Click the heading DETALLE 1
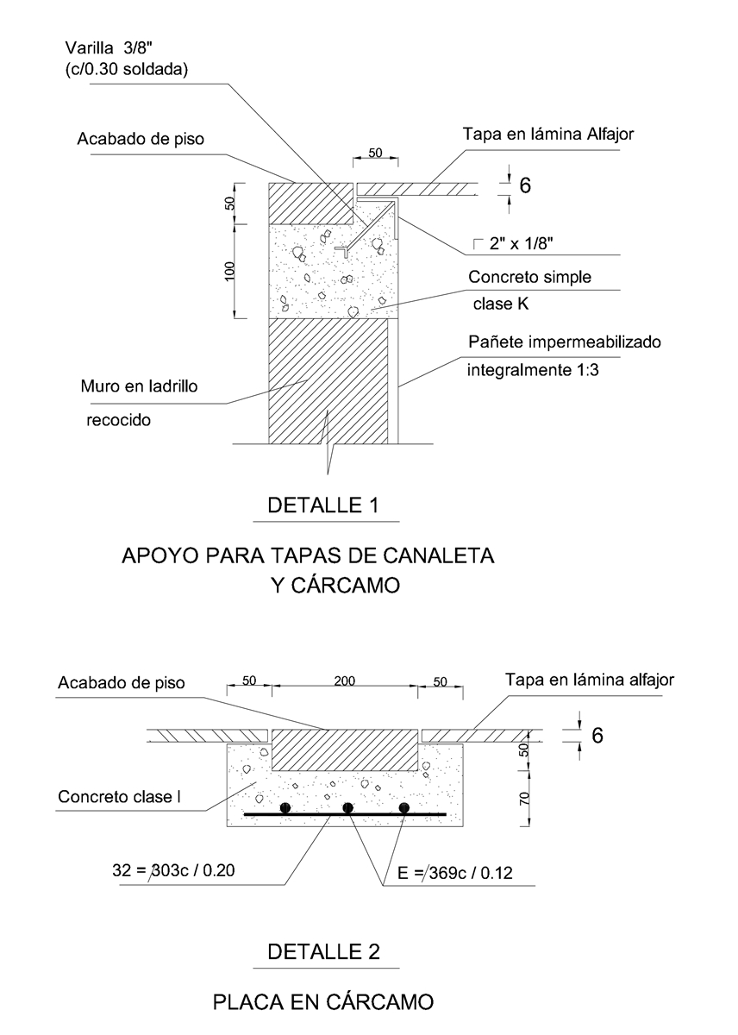coord(323,505)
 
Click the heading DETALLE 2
coord(323,952)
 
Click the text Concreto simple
coord(529,278)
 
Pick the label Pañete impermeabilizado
coord(564,342)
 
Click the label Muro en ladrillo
coord(138,386)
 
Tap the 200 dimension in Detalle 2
coord(344,681)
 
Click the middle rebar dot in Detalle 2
coord(347,807)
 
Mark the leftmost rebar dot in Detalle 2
coord(289,807)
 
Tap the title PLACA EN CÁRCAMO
coord(322,1002)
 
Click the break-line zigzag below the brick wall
coord(328,444)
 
